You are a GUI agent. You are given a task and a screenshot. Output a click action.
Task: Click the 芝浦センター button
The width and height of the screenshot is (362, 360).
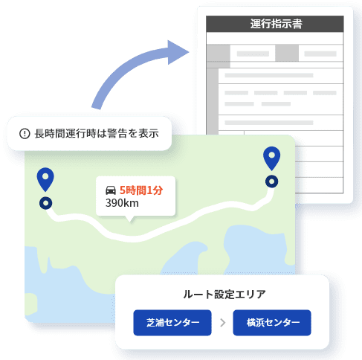tap(172, 323)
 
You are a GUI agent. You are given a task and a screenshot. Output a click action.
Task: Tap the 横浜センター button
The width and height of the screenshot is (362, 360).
tap(272, 323)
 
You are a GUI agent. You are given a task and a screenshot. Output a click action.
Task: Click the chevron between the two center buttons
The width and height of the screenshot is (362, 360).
tap(223, 323)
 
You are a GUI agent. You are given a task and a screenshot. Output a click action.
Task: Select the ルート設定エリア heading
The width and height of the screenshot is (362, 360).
tap(224, 295)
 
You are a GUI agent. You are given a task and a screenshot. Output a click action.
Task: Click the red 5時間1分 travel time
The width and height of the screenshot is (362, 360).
tap(141, 190)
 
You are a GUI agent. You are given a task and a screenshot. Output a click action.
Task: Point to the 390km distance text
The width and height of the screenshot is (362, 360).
tap(122, 203)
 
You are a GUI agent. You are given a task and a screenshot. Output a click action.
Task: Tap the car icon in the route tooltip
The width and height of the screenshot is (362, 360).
tap(111, 190)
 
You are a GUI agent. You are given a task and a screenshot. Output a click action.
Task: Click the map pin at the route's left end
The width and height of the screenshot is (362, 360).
tap(45, 179)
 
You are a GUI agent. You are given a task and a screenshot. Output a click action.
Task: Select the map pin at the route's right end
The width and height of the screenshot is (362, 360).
tap(271, 158)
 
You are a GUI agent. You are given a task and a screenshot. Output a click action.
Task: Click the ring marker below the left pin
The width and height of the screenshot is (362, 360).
tap(46, 203)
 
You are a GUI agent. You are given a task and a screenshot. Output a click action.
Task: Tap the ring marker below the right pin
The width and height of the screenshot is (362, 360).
tap(272, 181)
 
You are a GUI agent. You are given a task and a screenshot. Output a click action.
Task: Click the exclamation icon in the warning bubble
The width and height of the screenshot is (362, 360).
tap(25, 134)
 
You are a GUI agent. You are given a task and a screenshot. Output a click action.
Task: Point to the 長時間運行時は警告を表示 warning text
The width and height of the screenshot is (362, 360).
tap(97, 133)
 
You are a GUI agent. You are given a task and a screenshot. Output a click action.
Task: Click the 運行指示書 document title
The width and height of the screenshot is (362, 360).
tap(276, 24)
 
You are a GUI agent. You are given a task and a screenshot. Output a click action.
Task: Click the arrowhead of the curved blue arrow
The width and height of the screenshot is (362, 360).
tap(178, 52)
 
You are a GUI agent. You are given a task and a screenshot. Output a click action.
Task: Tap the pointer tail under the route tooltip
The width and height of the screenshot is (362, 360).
tap(130, 219)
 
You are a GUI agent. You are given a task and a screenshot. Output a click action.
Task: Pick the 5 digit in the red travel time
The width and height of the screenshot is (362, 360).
tap(123, 190)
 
